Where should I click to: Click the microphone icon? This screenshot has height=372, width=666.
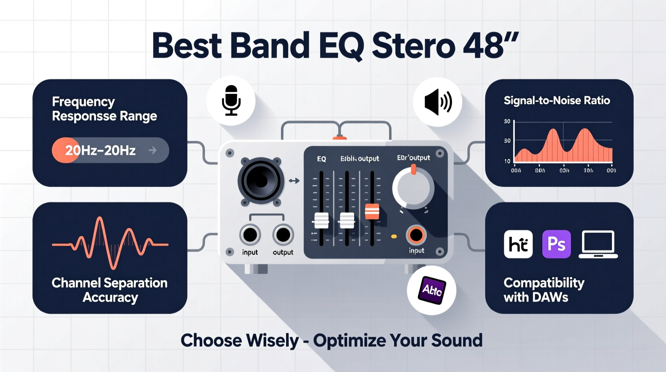pos(231,101)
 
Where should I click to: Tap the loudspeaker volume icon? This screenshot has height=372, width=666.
pos(438,102)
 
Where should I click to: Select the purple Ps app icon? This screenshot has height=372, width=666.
pos(556,244)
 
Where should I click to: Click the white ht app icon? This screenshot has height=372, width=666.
pos(518,244)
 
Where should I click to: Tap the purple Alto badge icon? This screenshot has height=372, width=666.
pos(432,290)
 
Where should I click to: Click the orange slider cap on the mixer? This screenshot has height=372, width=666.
pos(372,211)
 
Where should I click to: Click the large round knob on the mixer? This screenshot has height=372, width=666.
pos(413,188)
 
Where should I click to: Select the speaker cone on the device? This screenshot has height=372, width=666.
pos(261,181)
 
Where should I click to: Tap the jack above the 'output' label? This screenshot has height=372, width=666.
pos(283,235)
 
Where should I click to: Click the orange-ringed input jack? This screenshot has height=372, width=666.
pos(416,235)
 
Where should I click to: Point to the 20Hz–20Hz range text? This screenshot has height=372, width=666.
pos(100,150)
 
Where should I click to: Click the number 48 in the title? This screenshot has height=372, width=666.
pos(483,46)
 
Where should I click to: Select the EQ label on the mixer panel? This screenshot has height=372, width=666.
pos(321,159)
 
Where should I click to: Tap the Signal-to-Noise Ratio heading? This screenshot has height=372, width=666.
pos(557,101)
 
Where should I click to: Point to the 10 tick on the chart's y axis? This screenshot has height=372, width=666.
pos(507,161)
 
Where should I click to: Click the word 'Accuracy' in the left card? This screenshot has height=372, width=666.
pos(110,297)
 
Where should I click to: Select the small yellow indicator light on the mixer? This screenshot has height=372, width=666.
pos(394,237)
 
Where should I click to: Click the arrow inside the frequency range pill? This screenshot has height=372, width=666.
pos(152,150)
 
